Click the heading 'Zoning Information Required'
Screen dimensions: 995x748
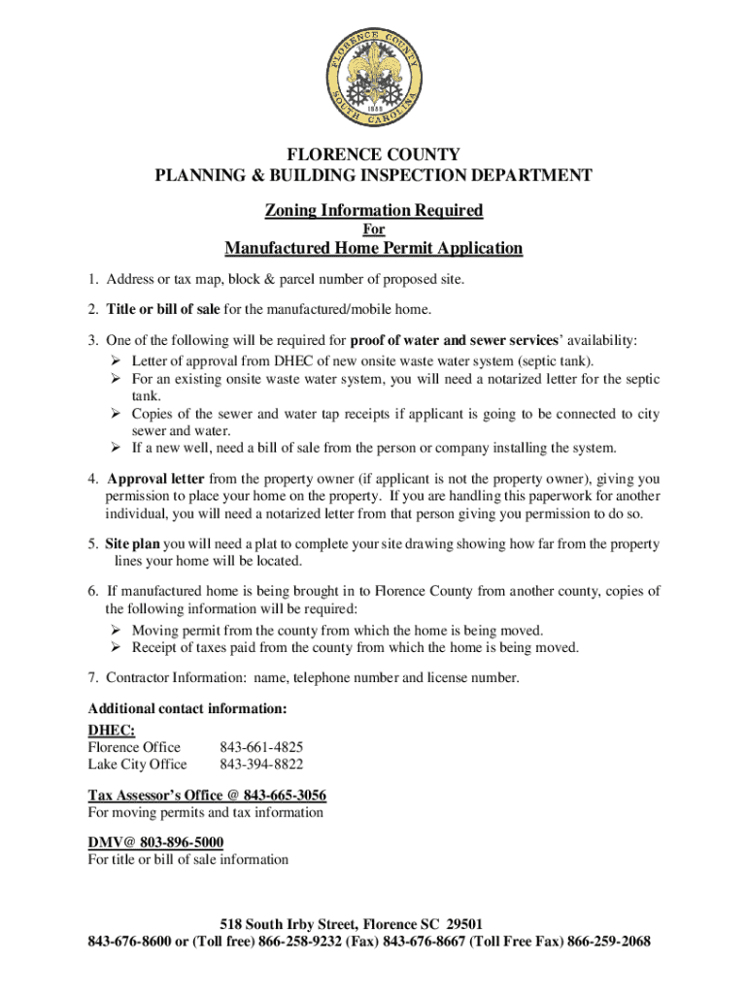pyautogui.click(x=374, y=211)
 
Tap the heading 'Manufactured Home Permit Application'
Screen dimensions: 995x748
pyautogui.click(x=374, y=249)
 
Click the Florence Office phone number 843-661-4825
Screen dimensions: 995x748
pyautogui.click(x=261, y=747)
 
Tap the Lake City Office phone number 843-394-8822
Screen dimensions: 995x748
pyautogui.click(x=261, y=765)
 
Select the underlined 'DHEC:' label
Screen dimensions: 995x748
pyautogui.click(x=111, y=730)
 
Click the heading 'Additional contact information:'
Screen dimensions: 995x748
pyautogui.click(x=187, y=709)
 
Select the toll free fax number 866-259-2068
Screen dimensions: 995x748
pyautogui.click(x=609, y=942)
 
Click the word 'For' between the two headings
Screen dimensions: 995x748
pyautogui.click(x=374, y=230)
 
